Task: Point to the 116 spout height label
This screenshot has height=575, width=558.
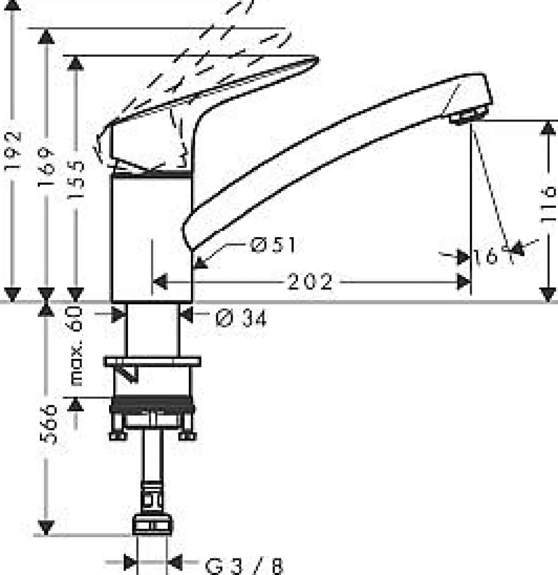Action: click(x=549, y=203)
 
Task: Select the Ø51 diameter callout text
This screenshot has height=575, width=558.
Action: click(x=273, y=245)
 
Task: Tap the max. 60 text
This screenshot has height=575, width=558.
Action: click(x=76, y=347)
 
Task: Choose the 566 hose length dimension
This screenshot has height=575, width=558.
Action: click(x=48, y=424)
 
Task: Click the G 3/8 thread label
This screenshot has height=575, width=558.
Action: click(x=244, y=566)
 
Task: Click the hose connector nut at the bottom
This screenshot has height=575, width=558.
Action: click(x=152, y=526)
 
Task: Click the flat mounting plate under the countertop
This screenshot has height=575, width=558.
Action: click(x=152, y=361)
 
